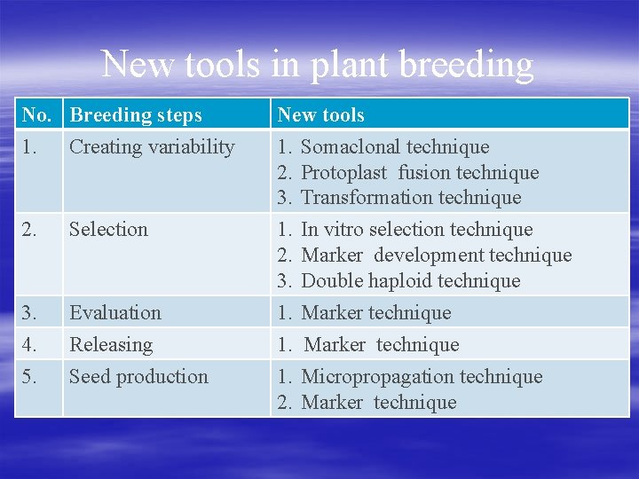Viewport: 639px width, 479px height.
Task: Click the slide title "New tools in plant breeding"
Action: coord(318,65)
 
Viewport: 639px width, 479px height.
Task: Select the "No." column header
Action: coord(37,115)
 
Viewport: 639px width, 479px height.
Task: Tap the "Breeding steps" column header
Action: coord(136,115)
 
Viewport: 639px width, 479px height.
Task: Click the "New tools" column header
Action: coord(320,115)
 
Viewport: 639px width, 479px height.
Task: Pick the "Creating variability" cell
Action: coord(152,147)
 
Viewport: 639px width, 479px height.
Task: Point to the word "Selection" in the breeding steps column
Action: coord(108,230)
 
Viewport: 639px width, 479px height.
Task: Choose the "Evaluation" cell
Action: coord(115,313)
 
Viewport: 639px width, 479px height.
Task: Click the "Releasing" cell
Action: coord(111,345)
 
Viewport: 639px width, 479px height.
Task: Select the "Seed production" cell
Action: coord(138,377)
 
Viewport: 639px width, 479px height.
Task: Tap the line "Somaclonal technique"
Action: coord(395,147)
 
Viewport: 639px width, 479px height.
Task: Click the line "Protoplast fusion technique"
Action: coord(420,173)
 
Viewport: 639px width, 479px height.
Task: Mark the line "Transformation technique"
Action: coord(411,198)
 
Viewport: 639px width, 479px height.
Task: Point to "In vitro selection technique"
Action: coord(417,230)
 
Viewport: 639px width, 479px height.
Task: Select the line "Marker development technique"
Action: coord(436,255)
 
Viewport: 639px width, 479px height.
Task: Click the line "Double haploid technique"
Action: coord(410,281)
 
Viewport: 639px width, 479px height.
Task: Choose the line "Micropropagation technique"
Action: coord(422,377)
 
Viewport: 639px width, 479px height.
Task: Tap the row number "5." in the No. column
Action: coord(30,377)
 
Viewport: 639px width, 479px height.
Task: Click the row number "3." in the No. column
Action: coord(30,313)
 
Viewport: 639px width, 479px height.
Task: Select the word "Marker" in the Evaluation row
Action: coord(332,313)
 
